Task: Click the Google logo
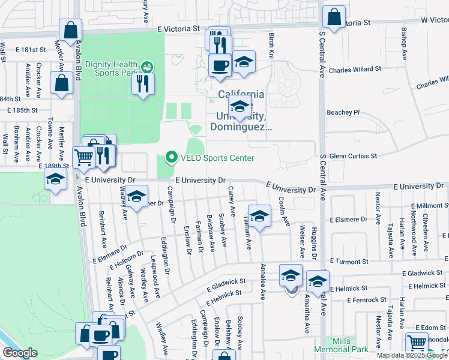tap(20, 353)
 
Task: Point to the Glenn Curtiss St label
tap(353, 155)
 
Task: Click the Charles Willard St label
tap(355, 69)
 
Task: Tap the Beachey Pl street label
tap(343, 112)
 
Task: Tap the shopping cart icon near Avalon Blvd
tap(83, 158)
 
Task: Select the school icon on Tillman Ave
tap(259, 216)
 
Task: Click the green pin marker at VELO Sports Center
tap(171, 158)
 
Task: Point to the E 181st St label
tap(31, 49)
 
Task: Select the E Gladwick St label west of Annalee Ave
tap(226, 281)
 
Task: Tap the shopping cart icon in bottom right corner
tap(417, 343)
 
